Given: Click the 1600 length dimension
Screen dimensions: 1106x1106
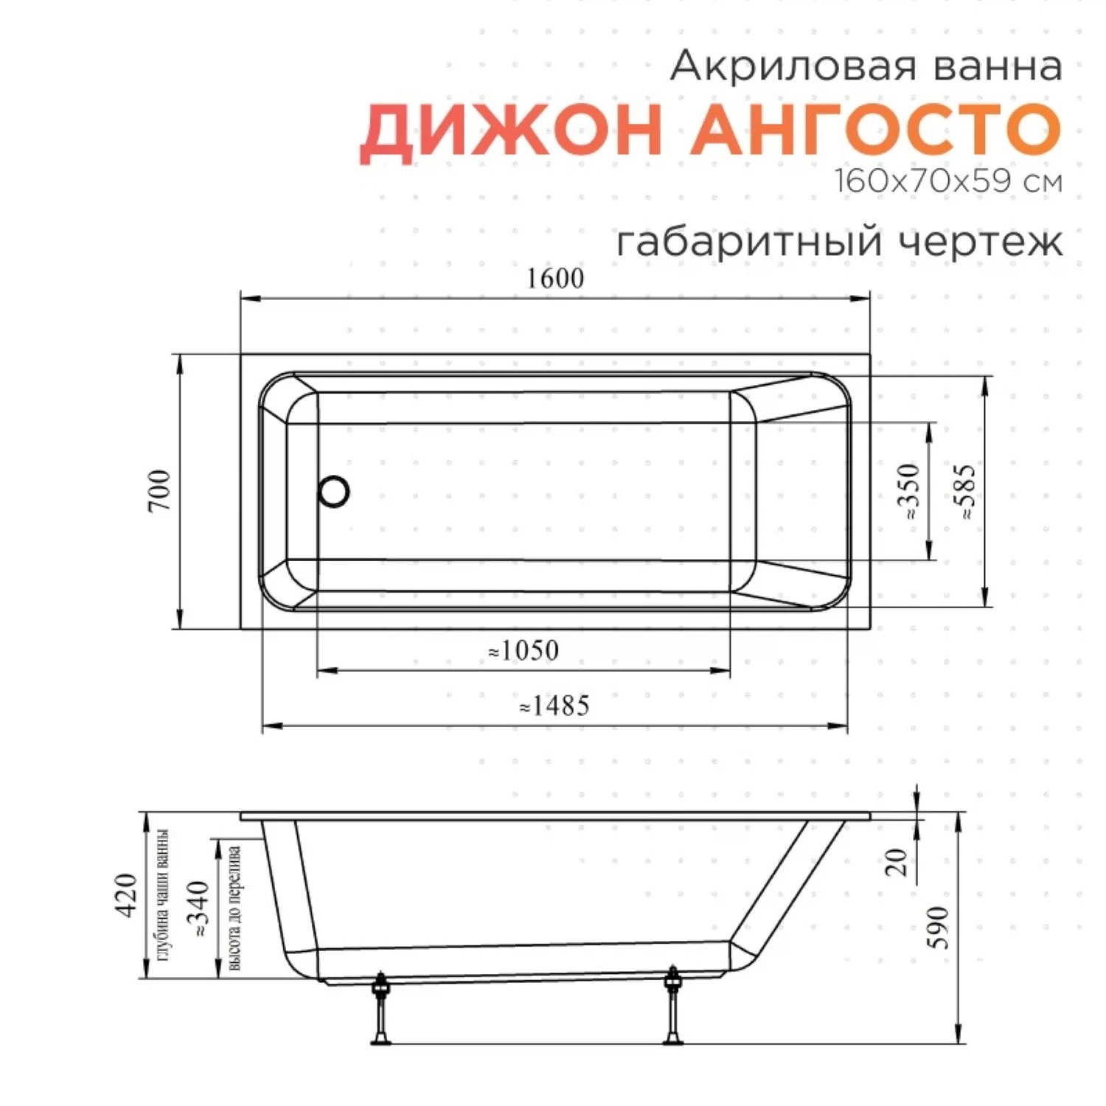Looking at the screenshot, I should click(x=555, y=279).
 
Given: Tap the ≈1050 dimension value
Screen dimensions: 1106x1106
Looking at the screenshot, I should click(x=524, y=651).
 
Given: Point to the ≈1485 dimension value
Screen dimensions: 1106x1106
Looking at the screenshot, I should click(x=554, y=706).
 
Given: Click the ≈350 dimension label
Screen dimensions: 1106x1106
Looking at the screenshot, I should click(x=909, y=491).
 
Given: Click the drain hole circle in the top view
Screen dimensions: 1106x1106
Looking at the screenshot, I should click(x=334, y=492).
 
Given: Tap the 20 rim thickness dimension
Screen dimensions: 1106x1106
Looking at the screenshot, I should click(x=896, y=861).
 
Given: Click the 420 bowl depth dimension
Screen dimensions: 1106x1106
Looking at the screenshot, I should click(x=126, y=895).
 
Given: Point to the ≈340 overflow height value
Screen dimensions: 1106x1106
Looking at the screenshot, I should click(x=198, y=909).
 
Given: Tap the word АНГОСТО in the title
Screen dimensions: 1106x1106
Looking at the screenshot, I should click(x=875, y=130).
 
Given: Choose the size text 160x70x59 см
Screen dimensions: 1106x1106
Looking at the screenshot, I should click(x=948, y=181).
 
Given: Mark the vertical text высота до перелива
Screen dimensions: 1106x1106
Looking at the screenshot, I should click(x=235, y=908).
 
